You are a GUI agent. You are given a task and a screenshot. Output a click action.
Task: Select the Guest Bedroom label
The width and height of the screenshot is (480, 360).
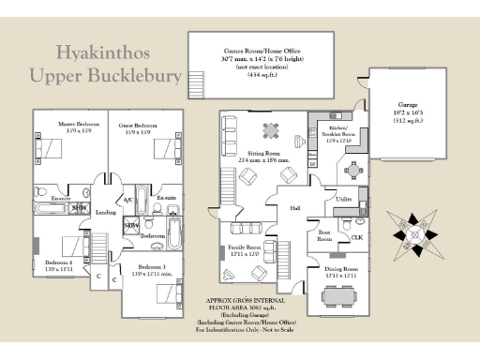click(138, 125)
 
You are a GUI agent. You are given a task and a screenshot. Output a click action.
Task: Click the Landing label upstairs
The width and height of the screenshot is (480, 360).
click(105, 212)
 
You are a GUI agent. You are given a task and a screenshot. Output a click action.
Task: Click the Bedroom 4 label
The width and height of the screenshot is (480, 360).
click(58, 262)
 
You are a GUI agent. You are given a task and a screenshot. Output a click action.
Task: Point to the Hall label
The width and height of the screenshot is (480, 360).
click(294, 208)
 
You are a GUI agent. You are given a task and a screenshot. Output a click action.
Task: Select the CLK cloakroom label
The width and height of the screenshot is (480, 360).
click(356, 237)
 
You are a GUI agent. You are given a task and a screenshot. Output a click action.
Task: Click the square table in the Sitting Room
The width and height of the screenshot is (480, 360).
click(271, 128)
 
